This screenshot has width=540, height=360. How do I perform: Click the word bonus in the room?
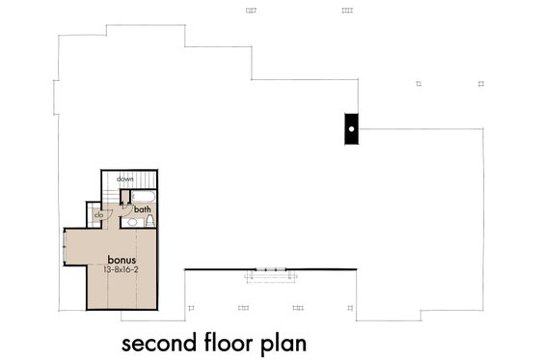(122, 260)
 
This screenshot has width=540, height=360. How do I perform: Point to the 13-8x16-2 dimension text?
(123, 270)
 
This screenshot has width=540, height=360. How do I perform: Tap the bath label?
(143, 208)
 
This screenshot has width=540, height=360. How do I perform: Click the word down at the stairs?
(125, 180)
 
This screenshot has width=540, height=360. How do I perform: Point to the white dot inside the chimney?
(353, 126)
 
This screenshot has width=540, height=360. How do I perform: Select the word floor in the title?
(232, 343)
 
